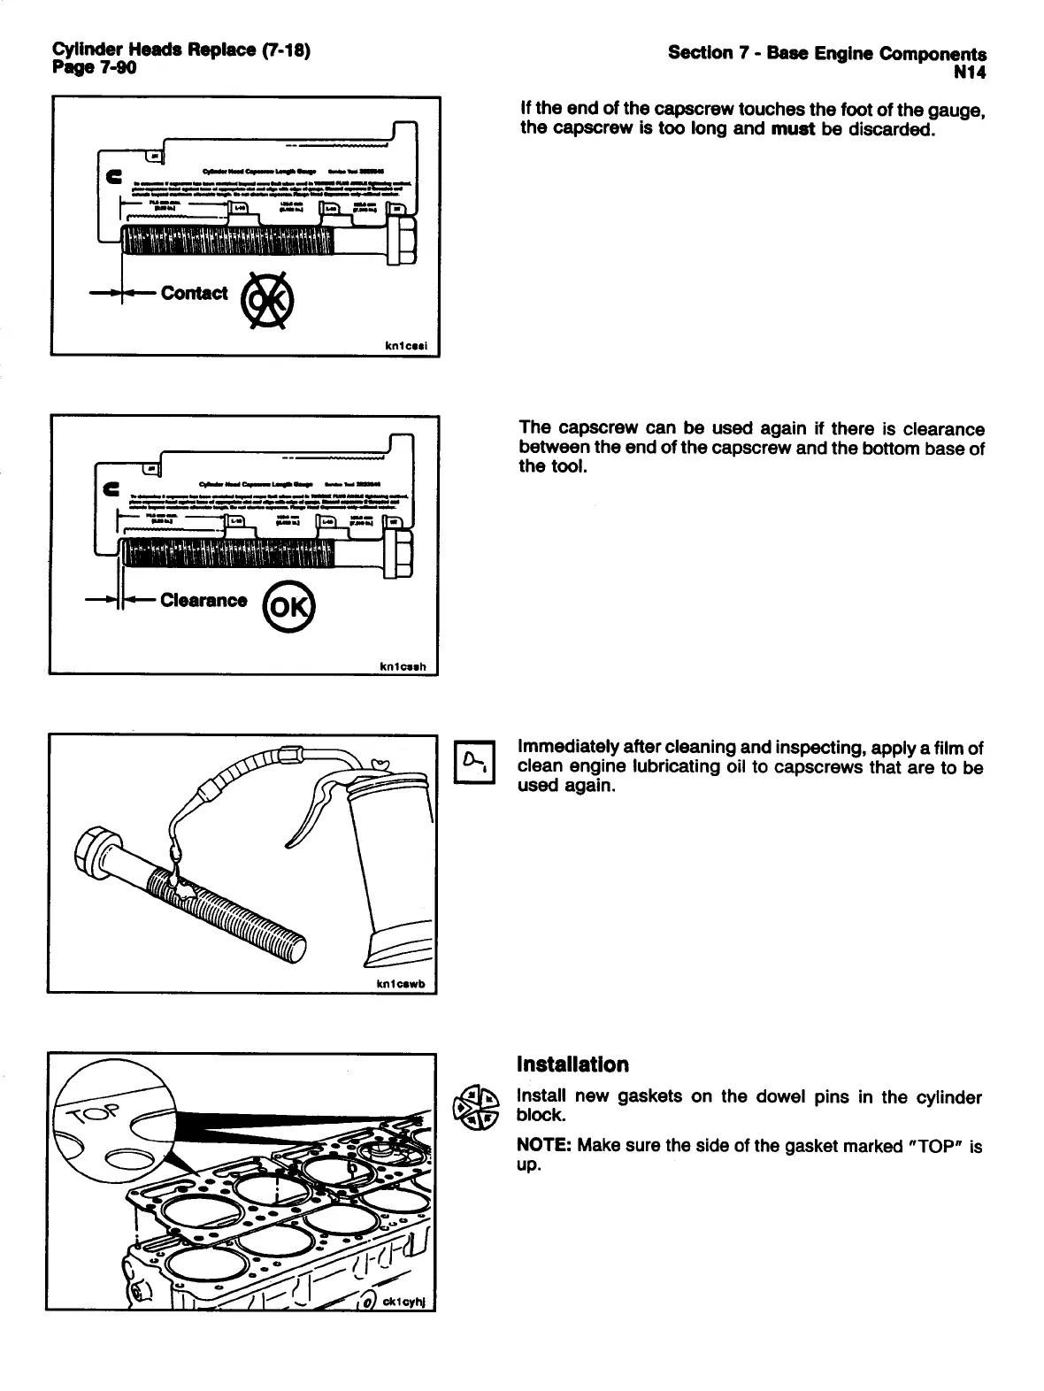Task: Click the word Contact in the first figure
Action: (x=194, y=293)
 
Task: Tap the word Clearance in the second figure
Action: (x=203, y=600)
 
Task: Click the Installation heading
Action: (x=572, y=1064)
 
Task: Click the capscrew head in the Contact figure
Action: (x=400, y=238)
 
